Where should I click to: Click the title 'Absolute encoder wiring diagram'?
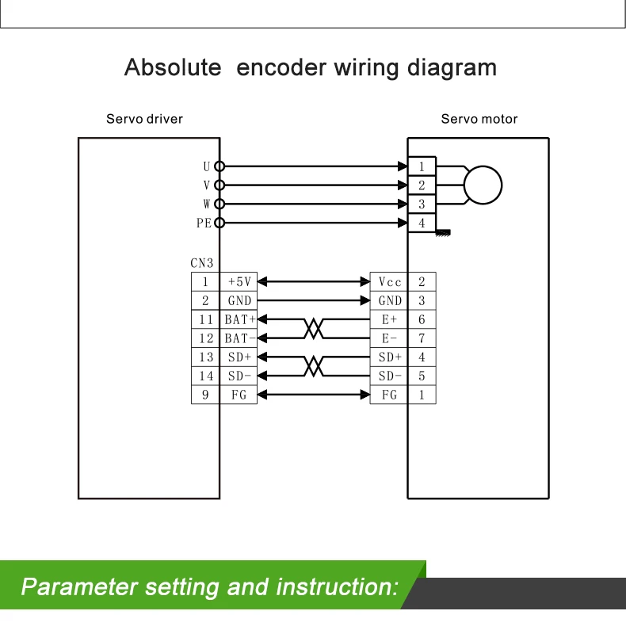311,67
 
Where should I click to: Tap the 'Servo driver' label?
144,119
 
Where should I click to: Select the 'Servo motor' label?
479,119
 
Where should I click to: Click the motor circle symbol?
483,185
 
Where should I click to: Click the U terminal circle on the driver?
219,166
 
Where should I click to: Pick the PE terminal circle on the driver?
219,223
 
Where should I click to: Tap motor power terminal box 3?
422,204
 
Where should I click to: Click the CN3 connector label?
201,263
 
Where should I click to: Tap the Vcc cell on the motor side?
389,281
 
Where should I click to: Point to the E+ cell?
389,319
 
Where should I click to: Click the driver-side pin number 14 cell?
205,376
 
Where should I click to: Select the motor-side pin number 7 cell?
422,338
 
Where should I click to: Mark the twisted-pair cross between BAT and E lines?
315,329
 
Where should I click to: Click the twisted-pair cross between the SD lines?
315,366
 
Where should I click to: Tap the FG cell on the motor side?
389,395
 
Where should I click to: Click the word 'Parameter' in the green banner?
80,587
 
